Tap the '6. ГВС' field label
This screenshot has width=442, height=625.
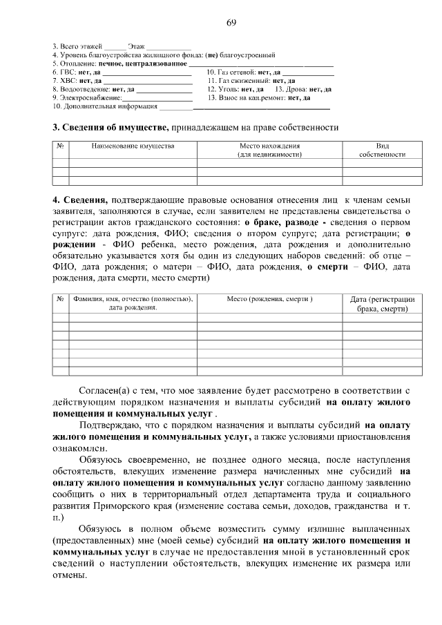click(64, 71)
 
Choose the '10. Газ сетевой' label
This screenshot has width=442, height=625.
click(231, 71)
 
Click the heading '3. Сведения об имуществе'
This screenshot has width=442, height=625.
click(110, 127)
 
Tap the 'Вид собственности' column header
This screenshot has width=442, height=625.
click(382, 151)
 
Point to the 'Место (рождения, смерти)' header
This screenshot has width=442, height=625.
click(270, 299)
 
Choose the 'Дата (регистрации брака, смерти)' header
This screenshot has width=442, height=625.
click(382, 304)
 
